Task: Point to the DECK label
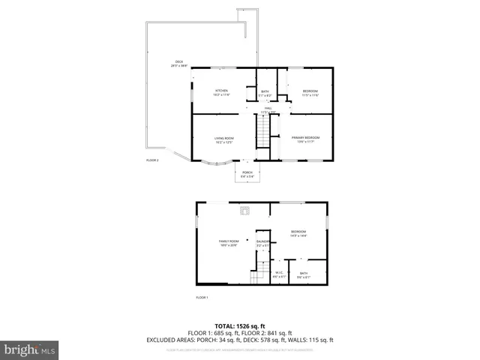178,64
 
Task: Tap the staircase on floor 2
262,136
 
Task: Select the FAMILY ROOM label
229,243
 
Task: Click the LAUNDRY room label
263,243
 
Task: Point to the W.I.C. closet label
278,274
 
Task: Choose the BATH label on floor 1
303,275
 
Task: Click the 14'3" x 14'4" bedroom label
298,234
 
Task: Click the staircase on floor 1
259,276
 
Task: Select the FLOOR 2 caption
152,160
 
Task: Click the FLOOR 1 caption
202,298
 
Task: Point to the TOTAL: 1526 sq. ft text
239,326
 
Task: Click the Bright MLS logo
30,349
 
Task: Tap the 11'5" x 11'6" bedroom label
310,93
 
